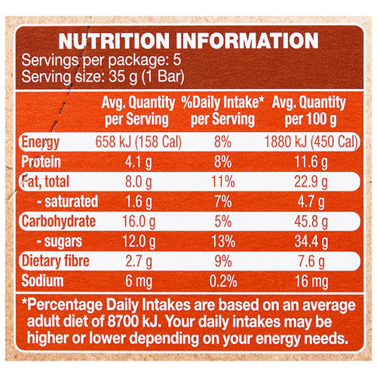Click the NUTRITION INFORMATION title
pos(188,41)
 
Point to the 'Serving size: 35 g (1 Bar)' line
pos(104,76)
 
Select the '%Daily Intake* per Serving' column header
pos(222,110)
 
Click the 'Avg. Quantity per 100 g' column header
pos(309,110)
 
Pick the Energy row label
pos(43,143)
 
